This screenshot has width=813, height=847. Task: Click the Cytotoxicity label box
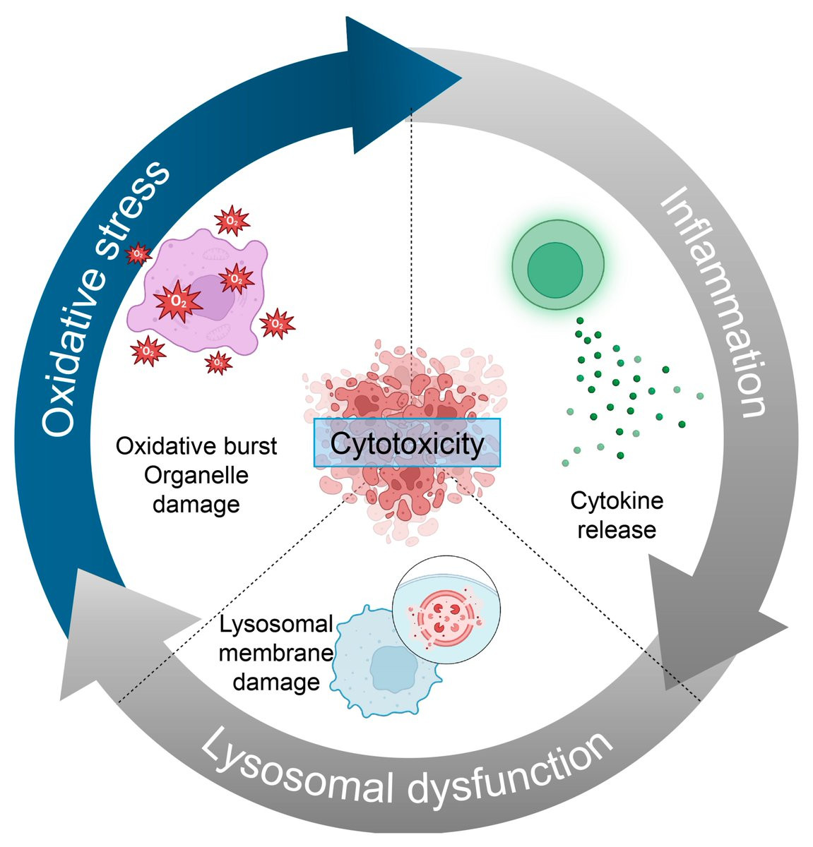(x=407, y=443)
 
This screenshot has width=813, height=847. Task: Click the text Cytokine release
(x=617, y=515)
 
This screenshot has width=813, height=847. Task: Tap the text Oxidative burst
(x=197, y=447)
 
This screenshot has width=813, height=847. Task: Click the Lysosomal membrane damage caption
(x=275, y=654)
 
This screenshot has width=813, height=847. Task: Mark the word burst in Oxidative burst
(x=251, y=447)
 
